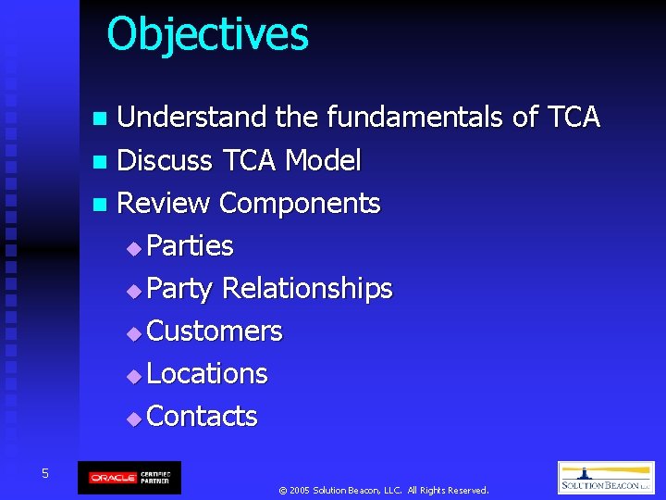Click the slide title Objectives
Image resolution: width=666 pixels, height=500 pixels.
[207, 34]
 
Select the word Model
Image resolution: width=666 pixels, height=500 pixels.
[323, 160]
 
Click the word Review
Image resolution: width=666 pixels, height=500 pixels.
[165, 203]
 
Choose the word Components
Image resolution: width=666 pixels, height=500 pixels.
[300, 203]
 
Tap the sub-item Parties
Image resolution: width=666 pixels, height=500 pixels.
[190, 245]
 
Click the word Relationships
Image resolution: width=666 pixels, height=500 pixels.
[307, 288]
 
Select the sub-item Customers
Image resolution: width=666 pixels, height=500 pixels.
[215, 331]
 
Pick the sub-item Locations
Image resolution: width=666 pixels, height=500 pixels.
[207, 373]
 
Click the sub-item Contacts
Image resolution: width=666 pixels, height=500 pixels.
[202, 416]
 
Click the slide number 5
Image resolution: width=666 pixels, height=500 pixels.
[44, 474]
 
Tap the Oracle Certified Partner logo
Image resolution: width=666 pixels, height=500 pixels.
[129, 478]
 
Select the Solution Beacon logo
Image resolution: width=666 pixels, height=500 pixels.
[606, 478]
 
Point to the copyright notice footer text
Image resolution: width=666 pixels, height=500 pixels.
[383, 490]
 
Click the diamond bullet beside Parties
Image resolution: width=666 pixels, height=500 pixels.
[135, 247]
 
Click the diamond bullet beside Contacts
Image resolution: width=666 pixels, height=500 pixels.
[135, 418]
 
